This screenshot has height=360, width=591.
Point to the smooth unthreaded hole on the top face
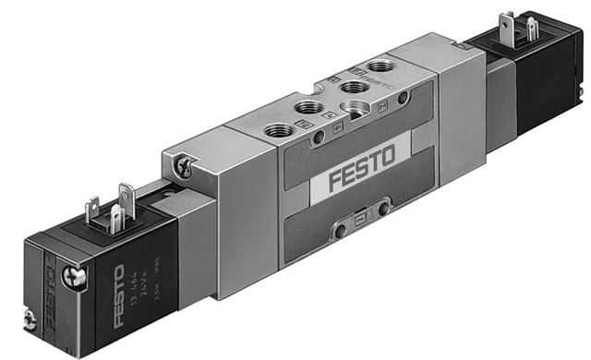pos(356,109)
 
